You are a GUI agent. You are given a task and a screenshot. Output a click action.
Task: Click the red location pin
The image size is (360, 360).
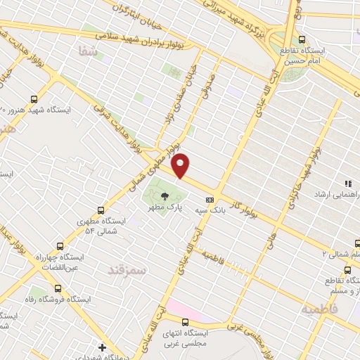(181, 165)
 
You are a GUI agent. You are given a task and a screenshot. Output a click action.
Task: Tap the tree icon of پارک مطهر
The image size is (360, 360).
(165, 197)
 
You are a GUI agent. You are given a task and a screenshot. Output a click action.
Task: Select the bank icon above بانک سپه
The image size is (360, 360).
(209, 199)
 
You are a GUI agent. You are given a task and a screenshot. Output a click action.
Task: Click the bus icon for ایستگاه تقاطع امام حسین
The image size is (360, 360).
(302, 39)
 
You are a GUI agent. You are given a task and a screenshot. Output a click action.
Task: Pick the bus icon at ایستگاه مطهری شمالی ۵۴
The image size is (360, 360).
(101, 210)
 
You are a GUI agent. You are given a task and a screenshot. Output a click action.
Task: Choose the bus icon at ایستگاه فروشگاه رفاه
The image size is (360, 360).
(58, 288)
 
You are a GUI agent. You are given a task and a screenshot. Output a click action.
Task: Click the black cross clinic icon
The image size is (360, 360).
(103, 347)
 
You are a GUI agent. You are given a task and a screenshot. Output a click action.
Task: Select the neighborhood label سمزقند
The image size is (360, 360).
(127, 269)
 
